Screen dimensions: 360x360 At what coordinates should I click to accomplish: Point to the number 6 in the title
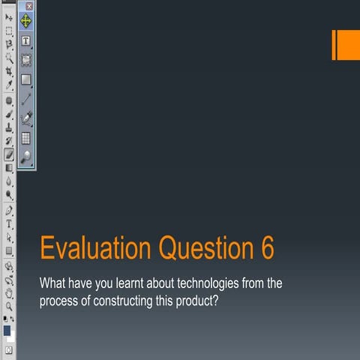click(268, 248)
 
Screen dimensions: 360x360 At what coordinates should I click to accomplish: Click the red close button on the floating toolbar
click(28, 5)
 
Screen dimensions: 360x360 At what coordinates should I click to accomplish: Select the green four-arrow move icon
click(26, 21)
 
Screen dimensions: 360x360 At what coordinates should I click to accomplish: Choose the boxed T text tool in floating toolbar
click(26, 40)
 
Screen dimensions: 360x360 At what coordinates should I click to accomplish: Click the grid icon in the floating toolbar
click(26, 137)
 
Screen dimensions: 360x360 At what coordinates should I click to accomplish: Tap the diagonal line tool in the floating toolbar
click(26, 98)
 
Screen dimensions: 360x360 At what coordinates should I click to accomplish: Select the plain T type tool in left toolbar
click(9, 223)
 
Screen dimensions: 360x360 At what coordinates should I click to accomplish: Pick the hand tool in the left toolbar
click(9, 292)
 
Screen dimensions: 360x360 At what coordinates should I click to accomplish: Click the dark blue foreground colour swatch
click(7, 330)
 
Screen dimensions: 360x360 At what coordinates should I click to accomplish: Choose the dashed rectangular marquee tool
click(9, 31)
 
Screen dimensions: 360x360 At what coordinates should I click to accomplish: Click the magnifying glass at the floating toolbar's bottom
click(26, 157)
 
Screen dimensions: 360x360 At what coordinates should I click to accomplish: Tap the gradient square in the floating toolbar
click(26, 79)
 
